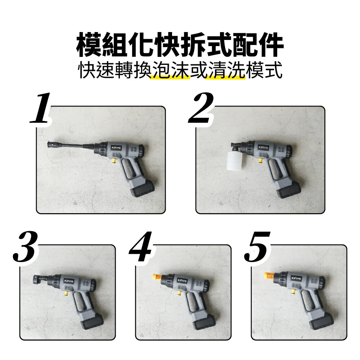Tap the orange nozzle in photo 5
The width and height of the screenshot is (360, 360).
[269, 276]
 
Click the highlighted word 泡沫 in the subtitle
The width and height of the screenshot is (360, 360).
[171, 72]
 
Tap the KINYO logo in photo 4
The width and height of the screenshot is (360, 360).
[183, 280]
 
